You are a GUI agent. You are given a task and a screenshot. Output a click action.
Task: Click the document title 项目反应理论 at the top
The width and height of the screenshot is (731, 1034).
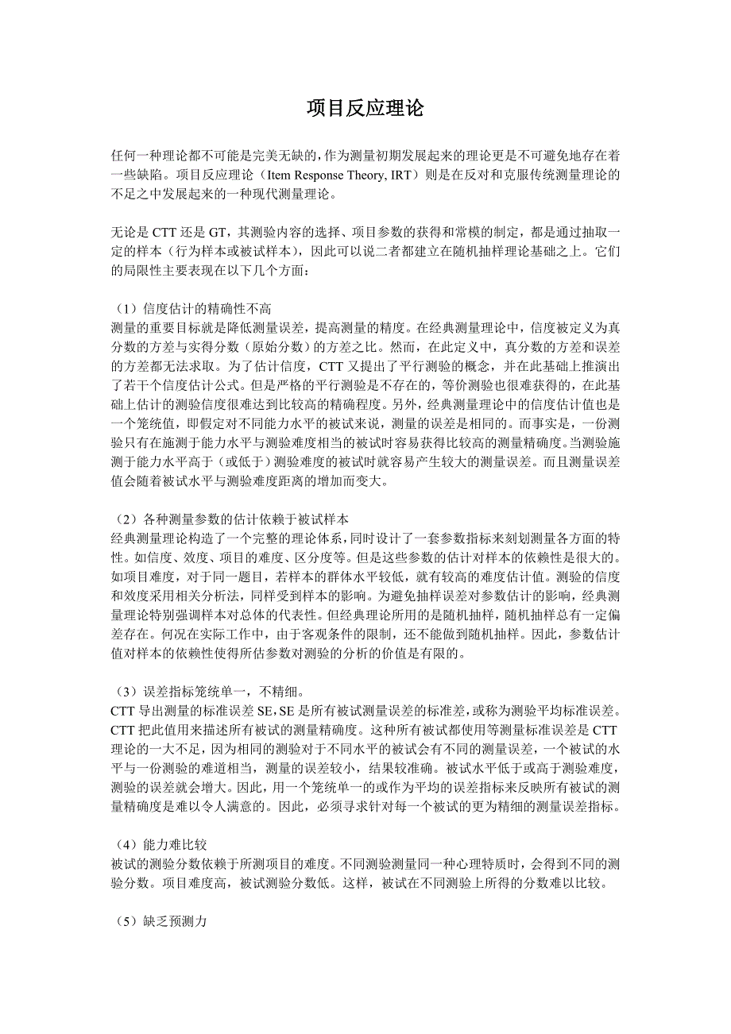point(365,109)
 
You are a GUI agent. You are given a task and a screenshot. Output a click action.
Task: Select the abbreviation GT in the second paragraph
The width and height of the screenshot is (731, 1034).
point(217,233)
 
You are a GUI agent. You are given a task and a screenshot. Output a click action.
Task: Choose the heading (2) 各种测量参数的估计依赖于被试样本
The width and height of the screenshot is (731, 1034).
point(230,519)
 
